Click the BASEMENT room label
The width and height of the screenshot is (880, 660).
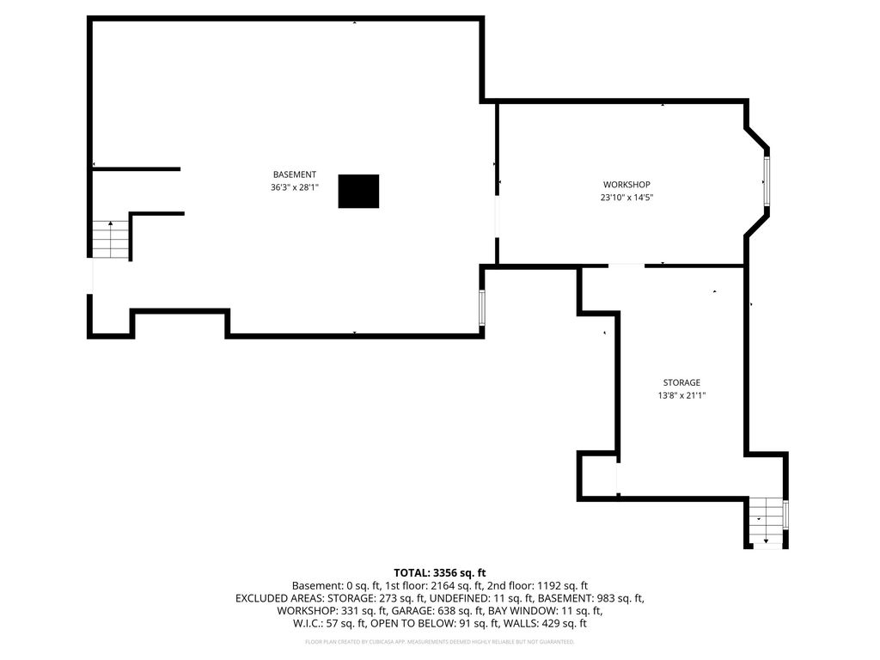pos(295,174)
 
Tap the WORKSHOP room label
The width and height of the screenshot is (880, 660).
pos(626,185)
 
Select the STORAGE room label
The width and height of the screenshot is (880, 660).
pos(681,382)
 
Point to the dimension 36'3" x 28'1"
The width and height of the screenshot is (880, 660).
pos(295,187)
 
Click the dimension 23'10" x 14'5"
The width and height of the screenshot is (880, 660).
pos(626,198)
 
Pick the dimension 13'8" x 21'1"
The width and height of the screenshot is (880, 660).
pos(681,395)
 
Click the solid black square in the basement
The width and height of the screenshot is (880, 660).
pos(358,192)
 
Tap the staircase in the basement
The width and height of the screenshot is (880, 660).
pos(111,240)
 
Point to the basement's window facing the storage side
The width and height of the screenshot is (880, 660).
pos(481,308)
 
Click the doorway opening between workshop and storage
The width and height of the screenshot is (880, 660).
pos(626,265)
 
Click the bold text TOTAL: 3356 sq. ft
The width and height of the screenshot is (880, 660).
pos(439,573)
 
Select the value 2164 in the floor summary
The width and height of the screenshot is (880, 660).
pos(442,586)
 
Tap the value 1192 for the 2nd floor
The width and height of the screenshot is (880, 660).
pos(550,586)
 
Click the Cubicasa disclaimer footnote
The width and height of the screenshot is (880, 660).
pos(439,641)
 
